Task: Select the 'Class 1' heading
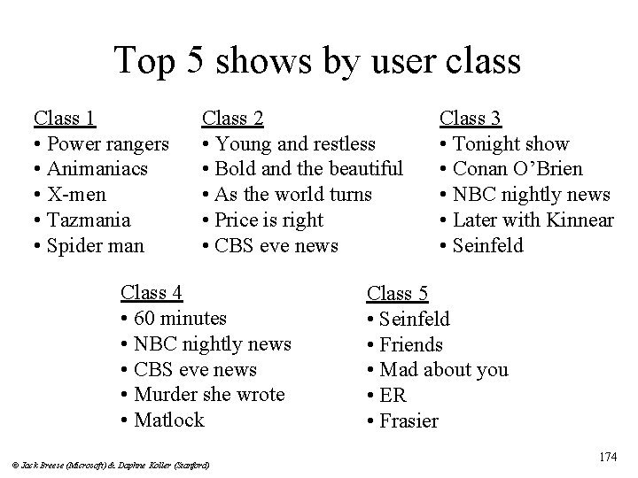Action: coord(65,118)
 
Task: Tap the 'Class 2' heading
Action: coord(232,118)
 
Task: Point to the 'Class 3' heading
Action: coord(471,118)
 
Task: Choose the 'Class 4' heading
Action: coord(152,291)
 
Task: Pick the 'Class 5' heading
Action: coord(398,293)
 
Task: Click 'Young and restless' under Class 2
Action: coord(294,143)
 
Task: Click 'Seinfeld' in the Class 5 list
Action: coord(414,319)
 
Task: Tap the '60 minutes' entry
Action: coord(179,317)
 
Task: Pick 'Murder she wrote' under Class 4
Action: coord(208,394)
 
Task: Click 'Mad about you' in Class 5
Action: coord(443,369)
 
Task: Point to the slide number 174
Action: coord(608,457)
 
